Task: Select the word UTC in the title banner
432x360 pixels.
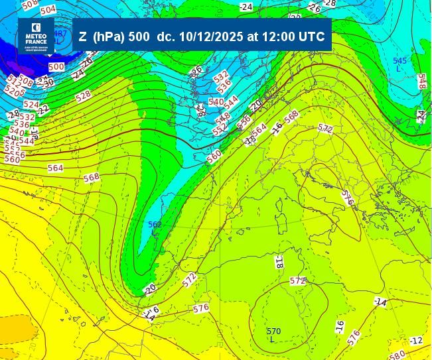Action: [x=313, y=37]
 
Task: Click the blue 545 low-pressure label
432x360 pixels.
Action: [x=399, y=61]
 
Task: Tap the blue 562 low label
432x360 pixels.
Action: [x=155, y=225]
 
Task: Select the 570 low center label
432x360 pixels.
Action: [x=273, y=331]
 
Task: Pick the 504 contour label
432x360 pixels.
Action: [x=48, y=10]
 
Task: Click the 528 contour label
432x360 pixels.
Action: [x=83, y=95]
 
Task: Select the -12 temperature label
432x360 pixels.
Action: [x=415, y=341]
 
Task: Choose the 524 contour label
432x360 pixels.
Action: [x=31, y=105]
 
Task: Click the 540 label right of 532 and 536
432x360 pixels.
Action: [x=216, y=101]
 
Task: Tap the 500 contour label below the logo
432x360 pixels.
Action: [x=56, y=67]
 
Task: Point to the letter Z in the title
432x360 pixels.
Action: [x=82, y=37]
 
